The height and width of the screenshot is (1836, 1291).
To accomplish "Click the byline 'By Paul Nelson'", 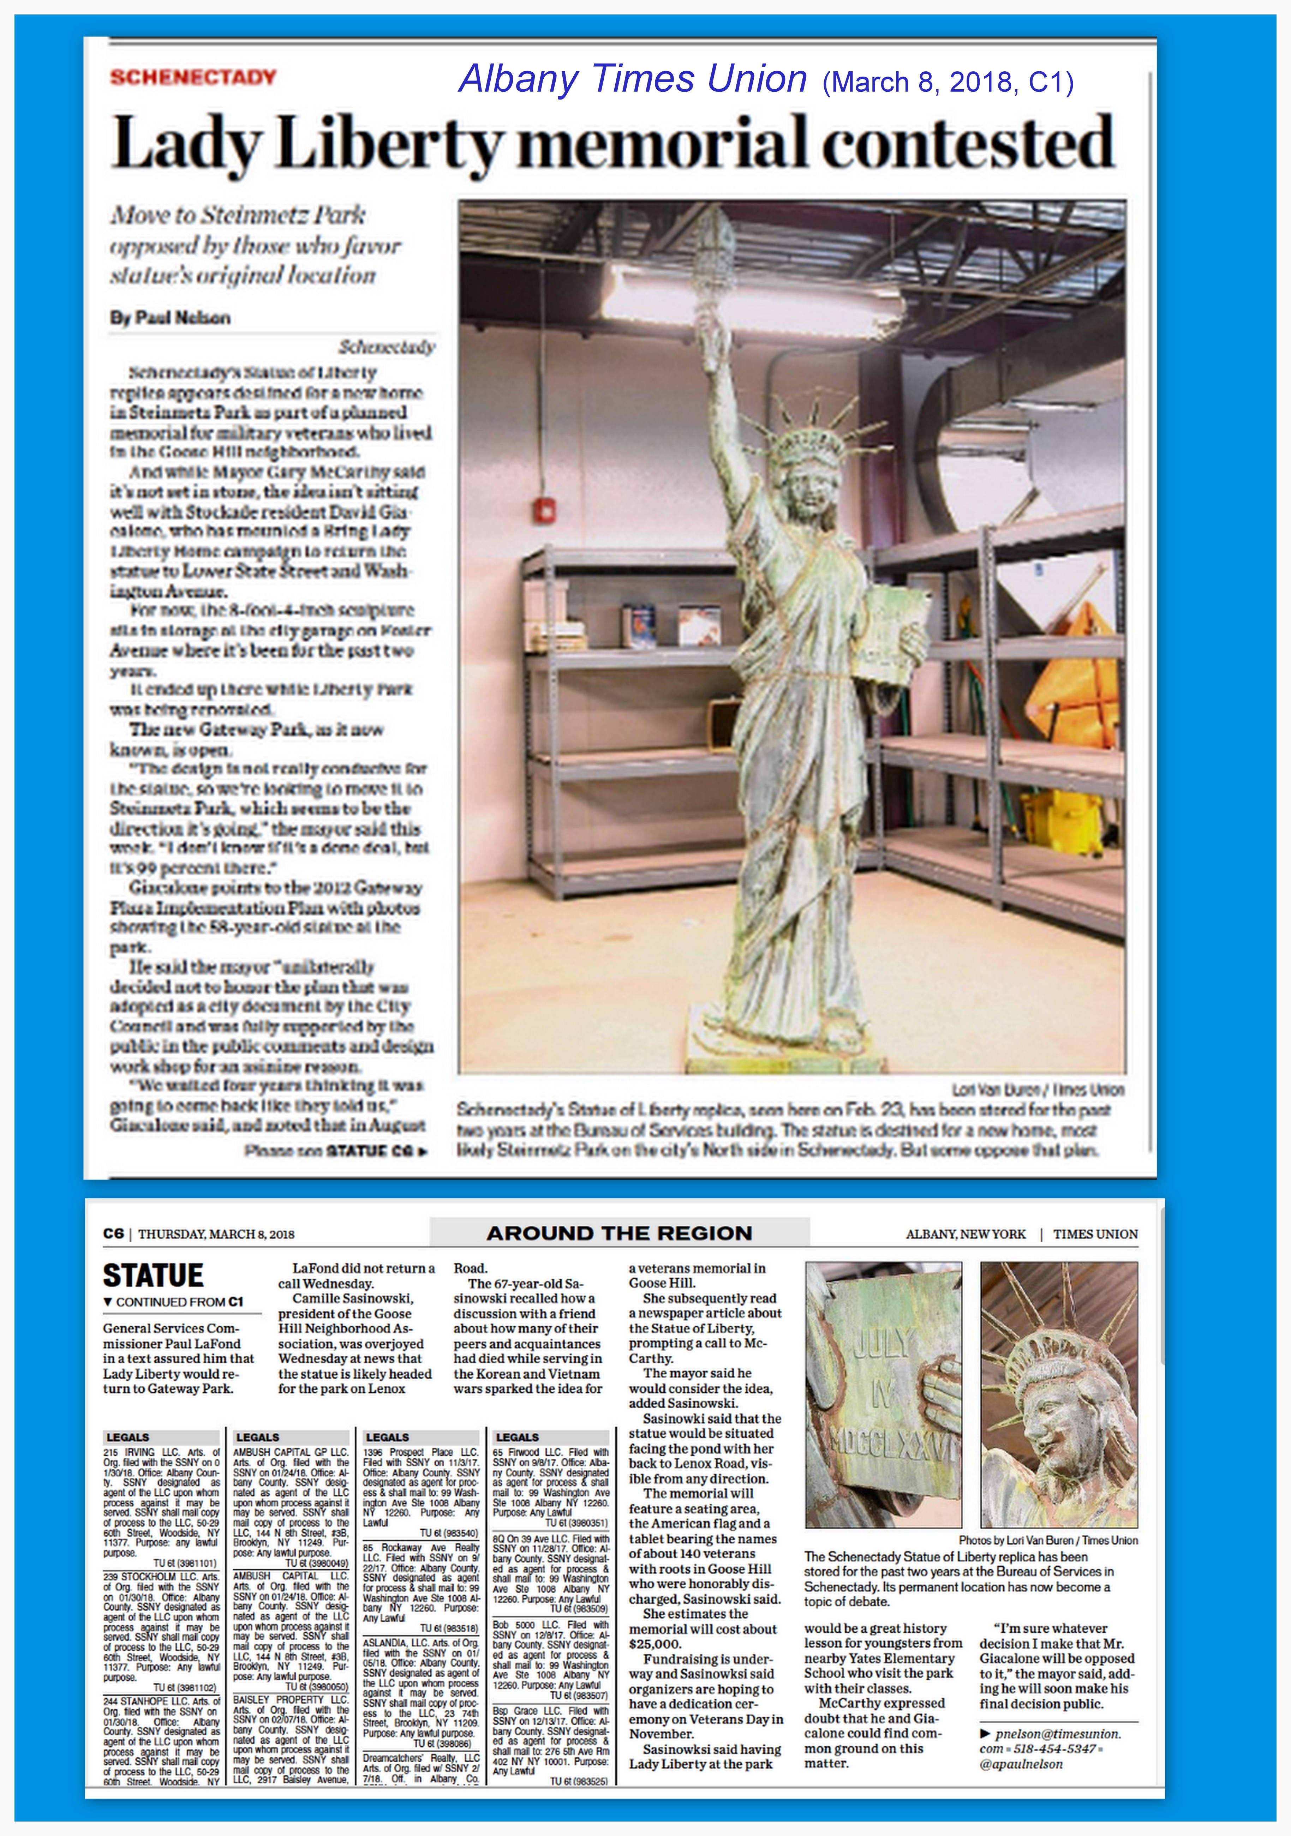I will coord(171,317).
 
